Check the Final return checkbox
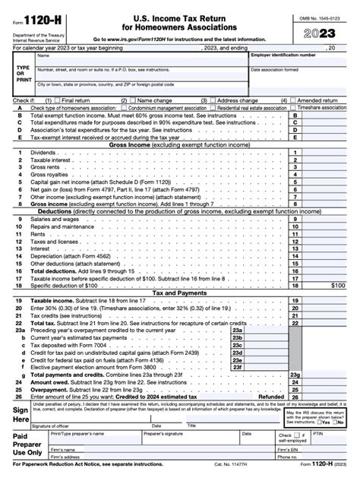[56, 100]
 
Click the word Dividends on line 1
[43, 152]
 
